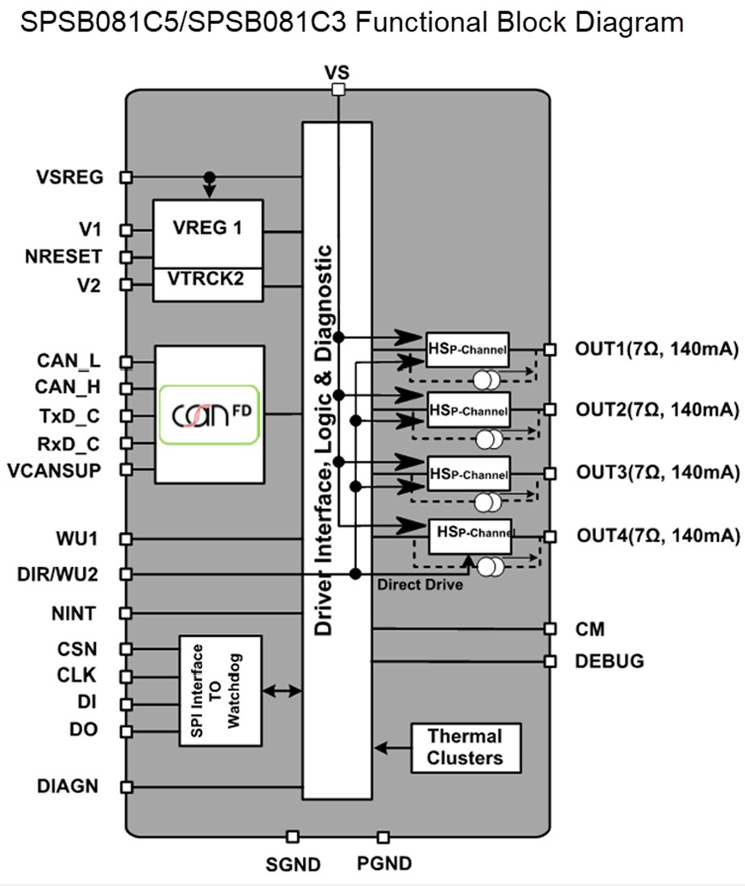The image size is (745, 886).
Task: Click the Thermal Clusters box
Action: (465, 747)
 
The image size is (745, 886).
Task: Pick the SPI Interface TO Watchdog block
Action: (220, 690)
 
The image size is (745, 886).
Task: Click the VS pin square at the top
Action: (338, 89)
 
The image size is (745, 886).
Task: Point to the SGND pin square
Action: (292, 838)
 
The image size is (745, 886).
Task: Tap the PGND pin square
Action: (383, 838)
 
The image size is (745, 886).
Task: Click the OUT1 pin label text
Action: (656, 350)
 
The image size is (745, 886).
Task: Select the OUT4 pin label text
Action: (656, 536)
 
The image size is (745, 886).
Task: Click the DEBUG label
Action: (610, 661)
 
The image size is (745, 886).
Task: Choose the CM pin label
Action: (590, 628)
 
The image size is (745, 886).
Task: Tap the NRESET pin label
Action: (64, 257)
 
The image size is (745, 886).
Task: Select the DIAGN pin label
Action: (68, 786)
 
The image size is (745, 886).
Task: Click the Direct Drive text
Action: (420, 585)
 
